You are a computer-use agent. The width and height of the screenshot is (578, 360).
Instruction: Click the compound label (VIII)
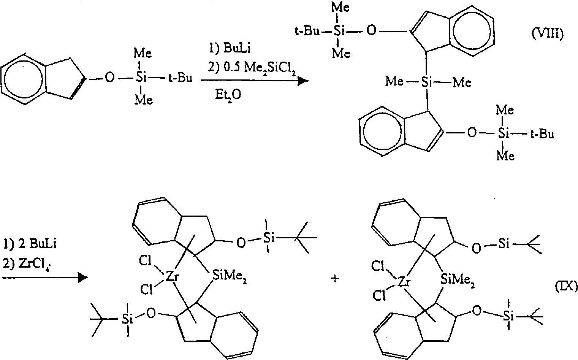coord(548,33)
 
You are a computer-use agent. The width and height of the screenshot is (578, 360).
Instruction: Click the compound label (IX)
coord(566,286)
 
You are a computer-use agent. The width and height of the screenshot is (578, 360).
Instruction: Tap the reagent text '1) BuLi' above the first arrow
coord(230,48)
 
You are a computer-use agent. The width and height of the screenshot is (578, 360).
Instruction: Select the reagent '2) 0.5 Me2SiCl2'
coord(252,68)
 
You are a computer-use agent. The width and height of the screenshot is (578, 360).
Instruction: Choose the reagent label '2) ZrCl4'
coord(27,264)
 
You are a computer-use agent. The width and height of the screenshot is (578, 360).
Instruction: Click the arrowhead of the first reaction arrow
coord(303,81)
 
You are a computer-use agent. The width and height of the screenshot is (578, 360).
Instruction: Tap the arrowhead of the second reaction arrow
coord(82,278)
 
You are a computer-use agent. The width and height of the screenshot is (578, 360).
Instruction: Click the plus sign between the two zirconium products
coord(335,279)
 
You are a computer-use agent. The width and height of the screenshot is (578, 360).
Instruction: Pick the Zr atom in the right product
coord(404,282)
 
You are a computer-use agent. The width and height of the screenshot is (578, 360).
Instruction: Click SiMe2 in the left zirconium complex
coord(229,277)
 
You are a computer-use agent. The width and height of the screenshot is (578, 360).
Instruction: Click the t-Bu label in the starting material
coord(181,78)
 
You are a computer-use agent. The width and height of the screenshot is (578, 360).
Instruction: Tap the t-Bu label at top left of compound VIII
coord(307,31)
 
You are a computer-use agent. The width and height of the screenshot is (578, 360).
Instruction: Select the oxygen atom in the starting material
coord(109,78)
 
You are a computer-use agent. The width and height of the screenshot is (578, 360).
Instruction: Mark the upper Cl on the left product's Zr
coord(145,261)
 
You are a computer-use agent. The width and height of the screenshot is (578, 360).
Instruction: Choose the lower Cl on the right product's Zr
coord(379,296)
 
